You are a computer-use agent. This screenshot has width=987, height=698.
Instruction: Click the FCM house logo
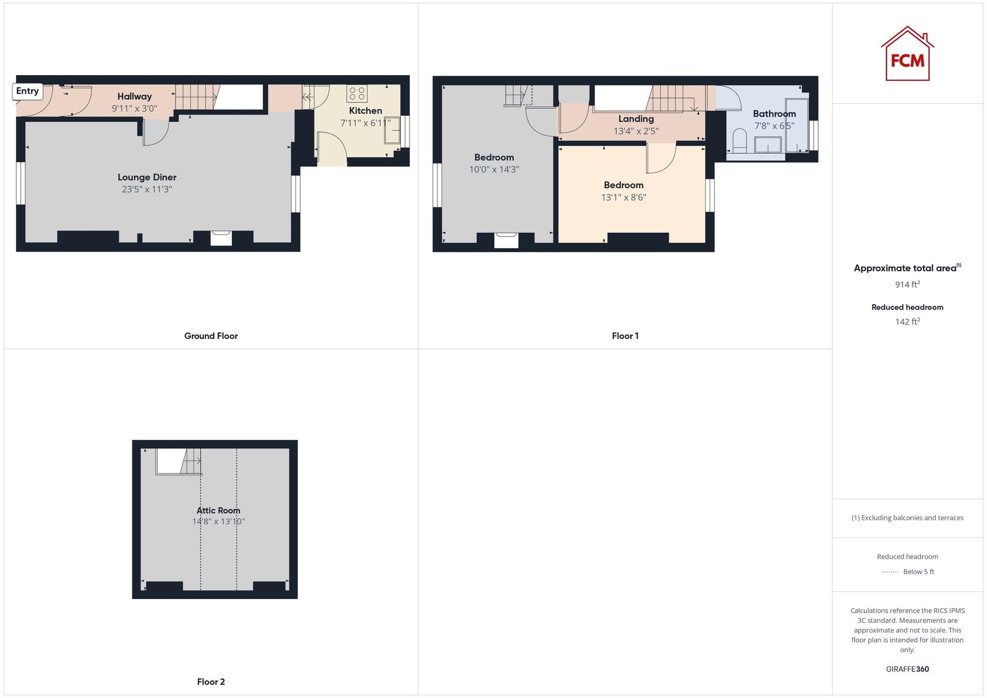907,54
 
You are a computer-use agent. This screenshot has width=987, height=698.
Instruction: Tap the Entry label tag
27,91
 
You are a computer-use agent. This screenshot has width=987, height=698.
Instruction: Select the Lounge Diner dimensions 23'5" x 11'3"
147,189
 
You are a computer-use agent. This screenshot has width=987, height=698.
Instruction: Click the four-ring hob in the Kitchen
357,93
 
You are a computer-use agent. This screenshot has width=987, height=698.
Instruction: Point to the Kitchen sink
392,130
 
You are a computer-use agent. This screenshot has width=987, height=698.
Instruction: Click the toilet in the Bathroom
739,140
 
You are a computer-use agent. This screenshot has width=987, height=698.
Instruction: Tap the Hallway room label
134,97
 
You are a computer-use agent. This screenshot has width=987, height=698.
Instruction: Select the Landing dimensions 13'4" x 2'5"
636,131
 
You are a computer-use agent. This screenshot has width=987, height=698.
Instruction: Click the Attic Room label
218,511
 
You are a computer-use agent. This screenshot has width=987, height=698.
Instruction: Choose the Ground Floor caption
211,336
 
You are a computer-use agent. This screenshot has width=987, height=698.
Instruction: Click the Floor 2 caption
211,682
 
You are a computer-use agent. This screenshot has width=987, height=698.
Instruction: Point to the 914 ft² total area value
907,285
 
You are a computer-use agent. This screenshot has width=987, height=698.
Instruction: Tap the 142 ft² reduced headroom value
907,322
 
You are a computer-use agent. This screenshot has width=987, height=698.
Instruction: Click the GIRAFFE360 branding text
907,669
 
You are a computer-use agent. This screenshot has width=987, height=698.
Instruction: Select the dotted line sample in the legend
889,572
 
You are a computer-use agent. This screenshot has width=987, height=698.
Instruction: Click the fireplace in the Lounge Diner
221,238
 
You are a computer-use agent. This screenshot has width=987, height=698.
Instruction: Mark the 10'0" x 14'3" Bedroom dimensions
494,170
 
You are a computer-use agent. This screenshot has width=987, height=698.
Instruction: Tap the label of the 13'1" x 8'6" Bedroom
623,185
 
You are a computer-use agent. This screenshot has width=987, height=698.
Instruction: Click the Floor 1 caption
625,336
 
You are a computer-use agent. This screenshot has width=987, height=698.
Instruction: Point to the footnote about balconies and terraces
907,518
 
